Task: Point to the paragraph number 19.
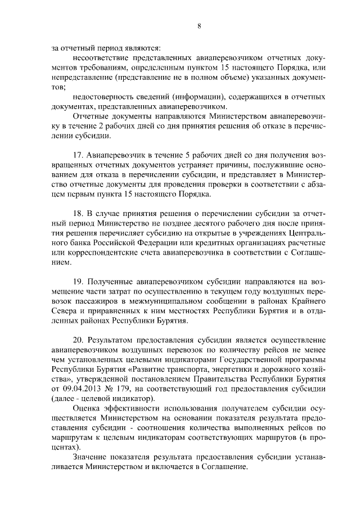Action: tap(79, 280)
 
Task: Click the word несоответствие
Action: tap(102, 58)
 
